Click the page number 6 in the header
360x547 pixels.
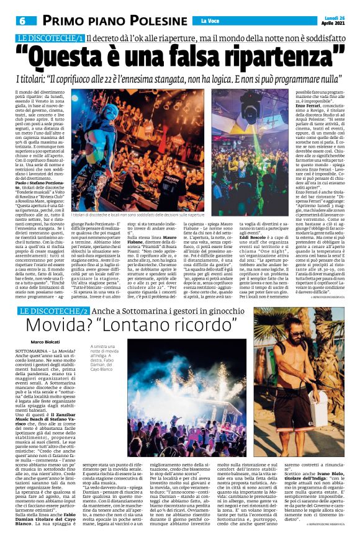pos(21,20)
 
